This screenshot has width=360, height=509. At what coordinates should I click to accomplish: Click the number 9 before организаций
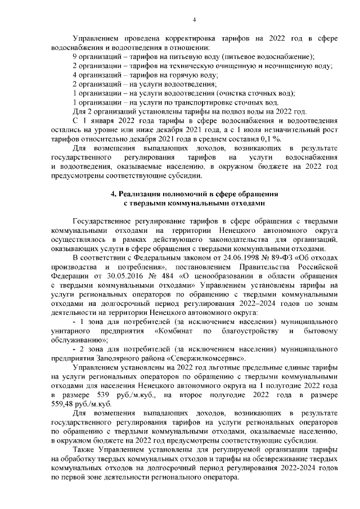click(x=75, y=57)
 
